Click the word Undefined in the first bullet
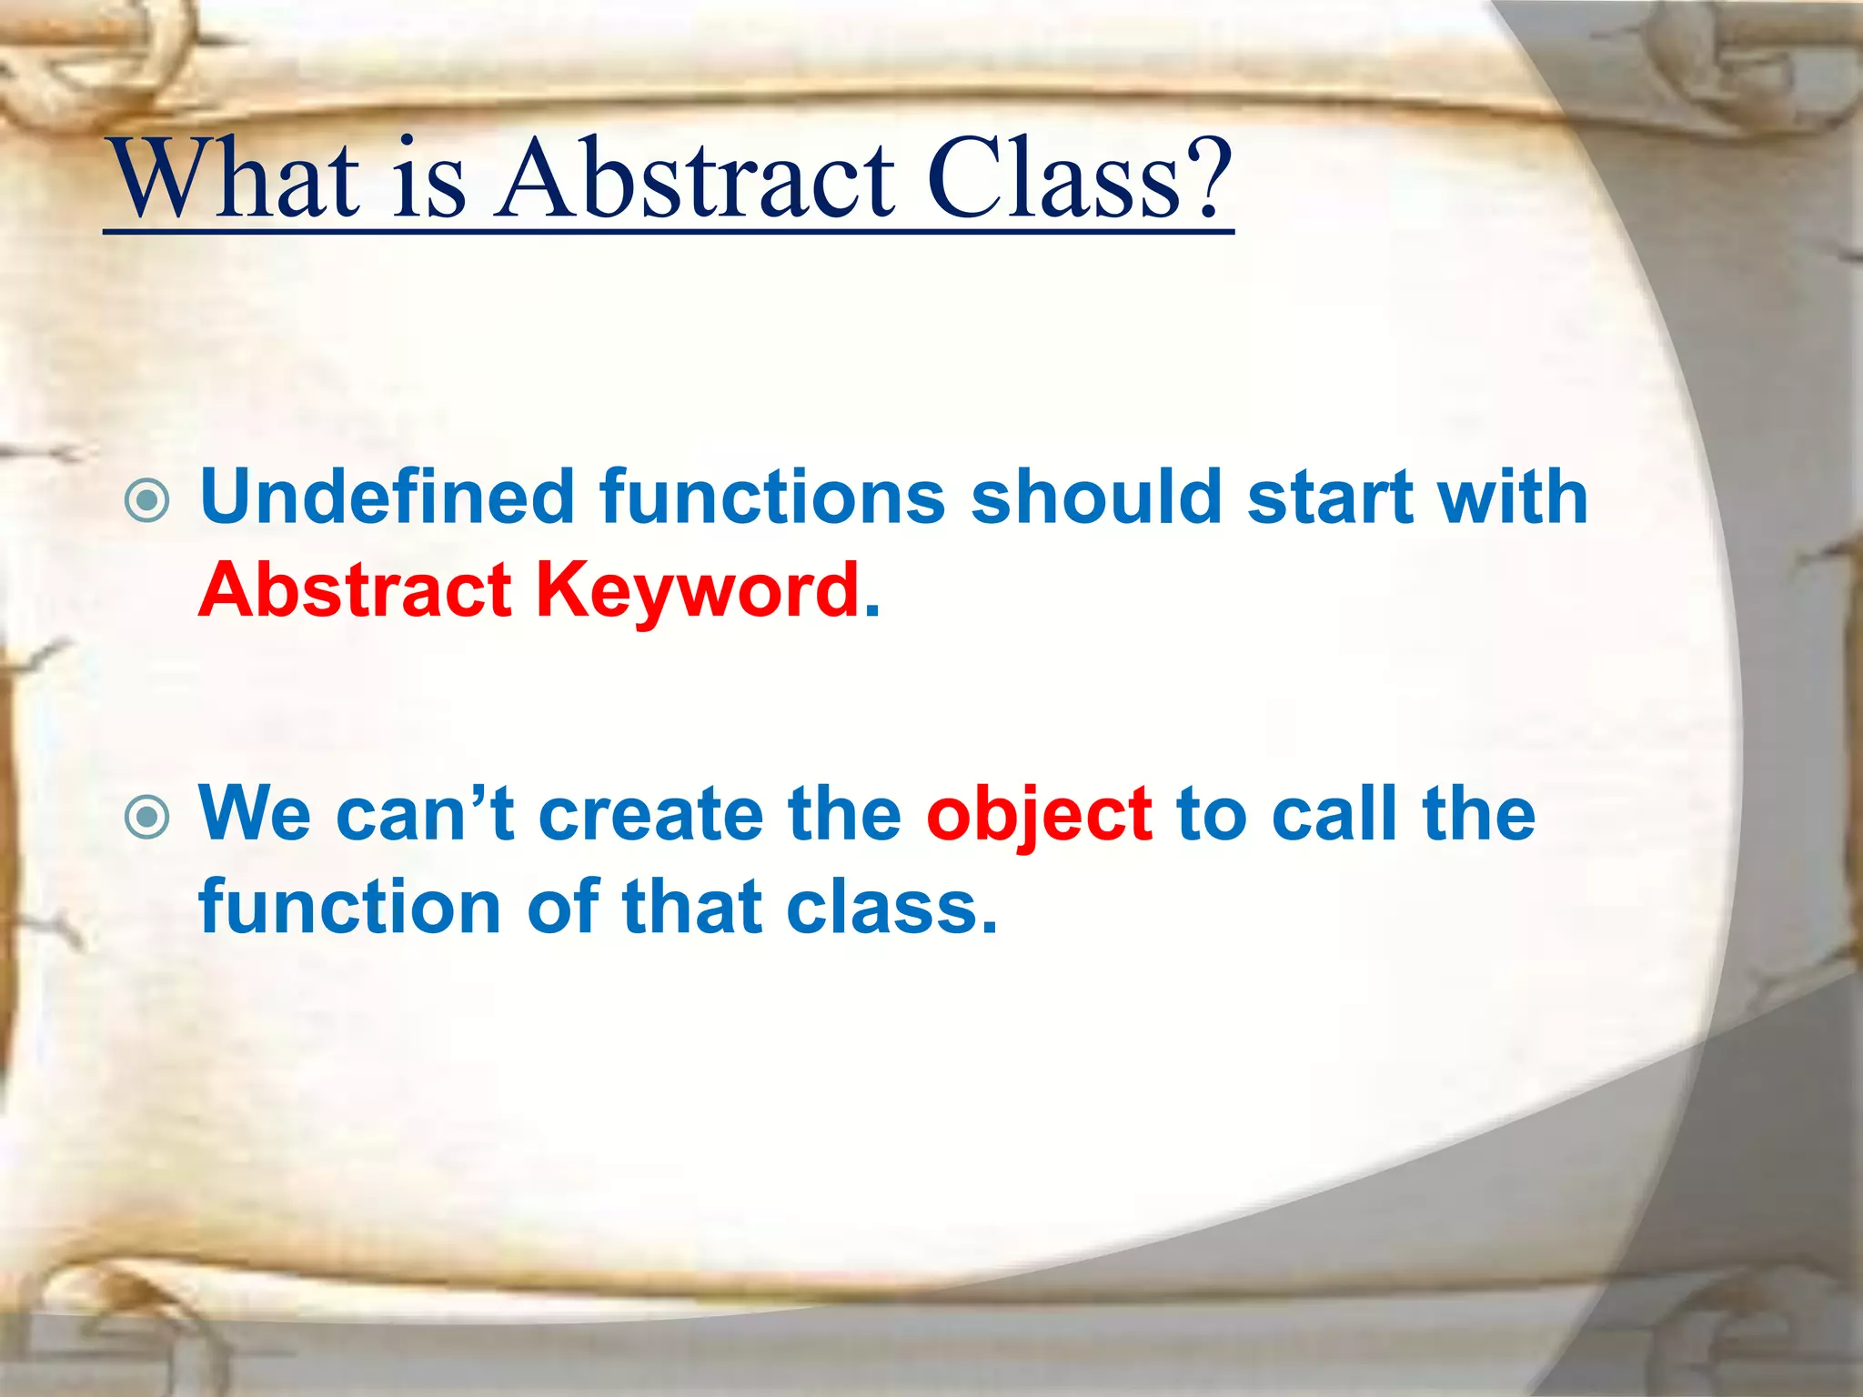[387, 497]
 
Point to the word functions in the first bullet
[772, 497]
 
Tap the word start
[1329, 497]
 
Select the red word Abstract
[355, 590]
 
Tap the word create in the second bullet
[650, 814]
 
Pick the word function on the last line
[350, 908]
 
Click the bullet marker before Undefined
[147, 500]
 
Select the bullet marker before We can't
[147, 817]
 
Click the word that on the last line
[691, 908]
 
